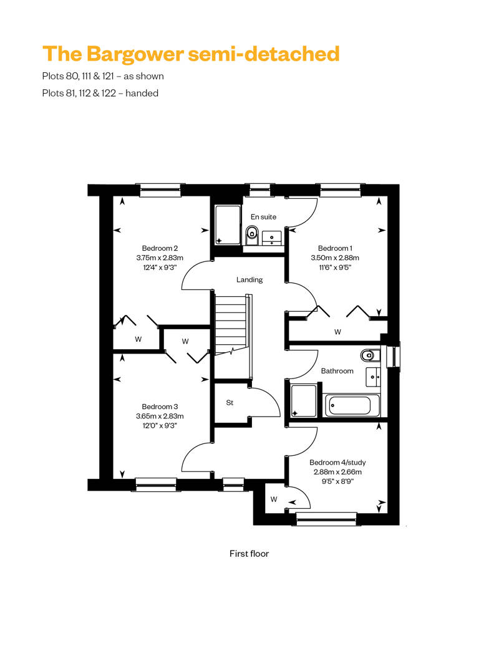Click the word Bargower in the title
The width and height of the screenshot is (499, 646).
click(135, 55)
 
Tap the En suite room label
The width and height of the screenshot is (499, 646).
click(263, 217)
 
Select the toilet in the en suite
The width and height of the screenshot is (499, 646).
click(251, 235)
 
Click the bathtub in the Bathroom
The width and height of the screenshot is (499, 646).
click(352, 405)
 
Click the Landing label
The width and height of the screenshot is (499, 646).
click(249, 280)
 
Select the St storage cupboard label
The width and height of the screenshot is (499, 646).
click(230, 403)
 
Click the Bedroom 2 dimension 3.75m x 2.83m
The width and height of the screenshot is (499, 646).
click(160, 258)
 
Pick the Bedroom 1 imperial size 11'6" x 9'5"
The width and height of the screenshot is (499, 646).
click(335, 268)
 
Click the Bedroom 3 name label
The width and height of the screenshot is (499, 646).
click(160, 407)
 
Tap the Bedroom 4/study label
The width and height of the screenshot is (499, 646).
click(337, 462)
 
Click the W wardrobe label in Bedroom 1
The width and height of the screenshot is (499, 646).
click(337, 332)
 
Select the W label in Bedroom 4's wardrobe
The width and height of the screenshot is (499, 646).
click(274, 499)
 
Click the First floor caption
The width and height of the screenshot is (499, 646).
click(249, 554)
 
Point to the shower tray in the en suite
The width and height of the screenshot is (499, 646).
click(228, 225)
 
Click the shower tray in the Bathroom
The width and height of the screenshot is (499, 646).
click(304, 401)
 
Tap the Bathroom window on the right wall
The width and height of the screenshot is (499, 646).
click(395, 355)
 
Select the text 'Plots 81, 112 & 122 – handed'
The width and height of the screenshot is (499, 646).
click(100, 93)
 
